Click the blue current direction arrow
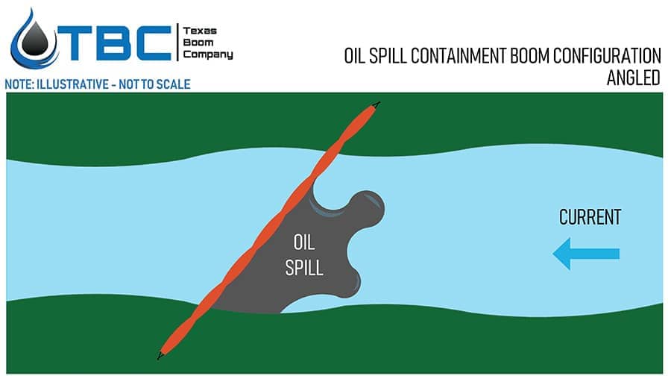tap(586, 254)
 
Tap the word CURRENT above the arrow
tap(590, 218)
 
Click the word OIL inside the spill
tap(304, 242)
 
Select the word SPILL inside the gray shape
tap(304, 267)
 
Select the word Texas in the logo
tap(198, 31)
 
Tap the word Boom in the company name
tap(198, 43)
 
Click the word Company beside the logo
tap(208, 54)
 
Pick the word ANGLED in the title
tap(634, 78)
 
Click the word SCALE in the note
tap(173, 84)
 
